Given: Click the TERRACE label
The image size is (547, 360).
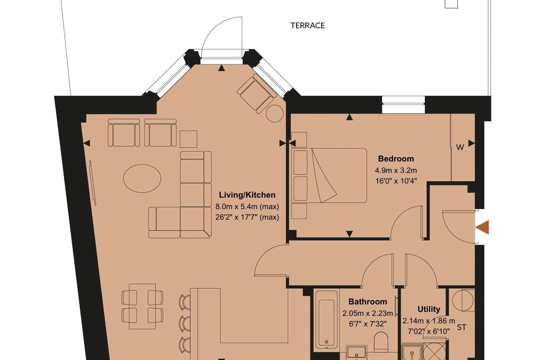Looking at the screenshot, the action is pyautogui.click(x=307, y=26).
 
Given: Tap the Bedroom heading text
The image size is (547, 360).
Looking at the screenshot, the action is pyautogui.click(x=396, y=159).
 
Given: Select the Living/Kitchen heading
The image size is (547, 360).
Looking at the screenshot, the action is pyautogui.click(x=247, y=195).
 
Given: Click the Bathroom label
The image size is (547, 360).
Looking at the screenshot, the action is pyautogui.click(x=367, y=302).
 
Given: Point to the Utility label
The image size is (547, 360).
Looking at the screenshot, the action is pyautogui.click(x=429, y=309).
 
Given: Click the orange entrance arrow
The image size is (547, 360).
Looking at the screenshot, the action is pyautogui.click(x=482, y=227).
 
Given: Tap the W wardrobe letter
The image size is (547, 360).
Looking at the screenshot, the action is pyautogui.click(x=460, y=147).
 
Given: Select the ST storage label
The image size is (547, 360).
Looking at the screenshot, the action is pyautogui.click(x=461, y=327).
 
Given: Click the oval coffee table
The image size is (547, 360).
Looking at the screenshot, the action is pyautogui.click(x=142, y=179).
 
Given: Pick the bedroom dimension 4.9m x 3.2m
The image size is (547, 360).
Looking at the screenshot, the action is pyautogui.click(x=396, y=170).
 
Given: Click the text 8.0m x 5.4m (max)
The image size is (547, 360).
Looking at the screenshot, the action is pyautogui.click(x=247, y=206).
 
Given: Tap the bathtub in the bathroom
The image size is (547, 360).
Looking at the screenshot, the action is pyautogui.click(x=326, y=319).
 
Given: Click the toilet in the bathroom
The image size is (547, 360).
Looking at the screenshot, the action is pyautogui.click(x=381, y=341).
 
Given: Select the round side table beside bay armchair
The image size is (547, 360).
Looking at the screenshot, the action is pyautogui.click(x=275, y=113).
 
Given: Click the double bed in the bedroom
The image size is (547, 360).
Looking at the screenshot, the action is pyautogui.click(x=329, y=175).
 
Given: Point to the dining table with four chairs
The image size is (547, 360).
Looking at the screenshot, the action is pyautogui.click(x=142, y=306).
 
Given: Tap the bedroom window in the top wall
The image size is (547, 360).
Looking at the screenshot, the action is pyautogui.click(x=403, y=105).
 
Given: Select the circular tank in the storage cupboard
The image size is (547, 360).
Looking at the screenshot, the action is pyautogui.click(x=463, y=300).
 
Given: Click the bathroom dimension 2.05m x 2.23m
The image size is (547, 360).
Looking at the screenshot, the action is pyautogui.click(x=367, y=313).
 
